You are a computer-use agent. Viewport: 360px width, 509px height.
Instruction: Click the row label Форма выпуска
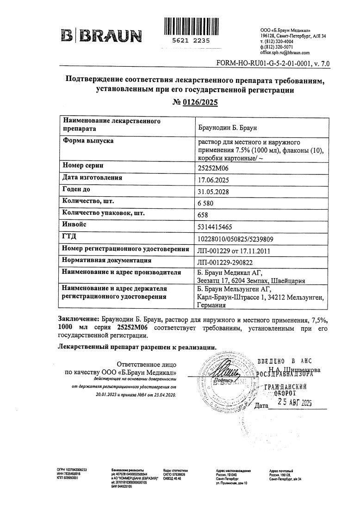[x=87, y=141]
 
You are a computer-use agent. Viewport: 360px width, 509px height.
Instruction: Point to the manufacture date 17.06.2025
[x=213, y=180]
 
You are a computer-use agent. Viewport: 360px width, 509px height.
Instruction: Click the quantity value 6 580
[x=207, y=204]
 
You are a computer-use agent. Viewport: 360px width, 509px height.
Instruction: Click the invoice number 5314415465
[x=215, y=227]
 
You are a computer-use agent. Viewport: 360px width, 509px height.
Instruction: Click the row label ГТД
[x=69, y=237]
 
